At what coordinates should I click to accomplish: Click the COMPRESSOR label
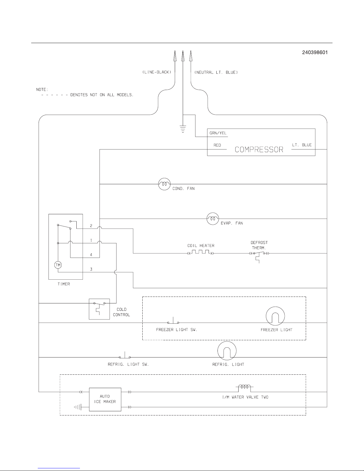pos(259,149)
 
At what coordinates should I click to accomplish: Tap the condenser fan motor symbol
pos(164,184)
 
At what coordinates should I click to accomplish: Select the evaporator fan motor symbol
pos(212,219)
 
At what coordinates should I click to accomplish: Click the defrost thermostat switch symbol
pos(259,254)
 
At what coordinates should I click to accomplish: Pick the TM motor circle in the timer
pos(58,265)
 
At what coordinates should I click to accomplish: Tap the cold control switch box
pos(99,309)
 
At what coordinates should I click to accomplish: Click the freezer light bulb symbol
pos(275,316)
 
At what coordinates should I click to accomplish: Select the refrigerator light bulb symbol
pos(227,350)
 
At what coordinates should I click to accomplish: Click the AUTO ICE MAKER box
pos(105,399)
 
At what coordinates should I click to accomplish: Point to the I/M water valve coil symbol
pos(244,387)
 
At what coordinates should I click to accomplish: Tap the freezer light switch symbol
pos(173,322)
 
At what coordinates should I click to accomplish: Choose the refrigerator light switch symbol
pos(125,356)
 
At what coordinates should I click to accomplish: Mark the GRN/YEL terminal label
pos(218,133)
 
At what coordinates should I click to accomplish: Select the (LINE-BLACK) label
pos(157,73)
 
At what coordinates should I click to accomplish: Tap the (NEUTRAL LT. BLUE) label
pos(216,73)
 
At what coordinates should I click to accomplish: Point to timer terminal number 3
pos(91,269)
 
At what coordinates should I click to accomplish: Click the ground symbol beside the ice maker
pos(78,407)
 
